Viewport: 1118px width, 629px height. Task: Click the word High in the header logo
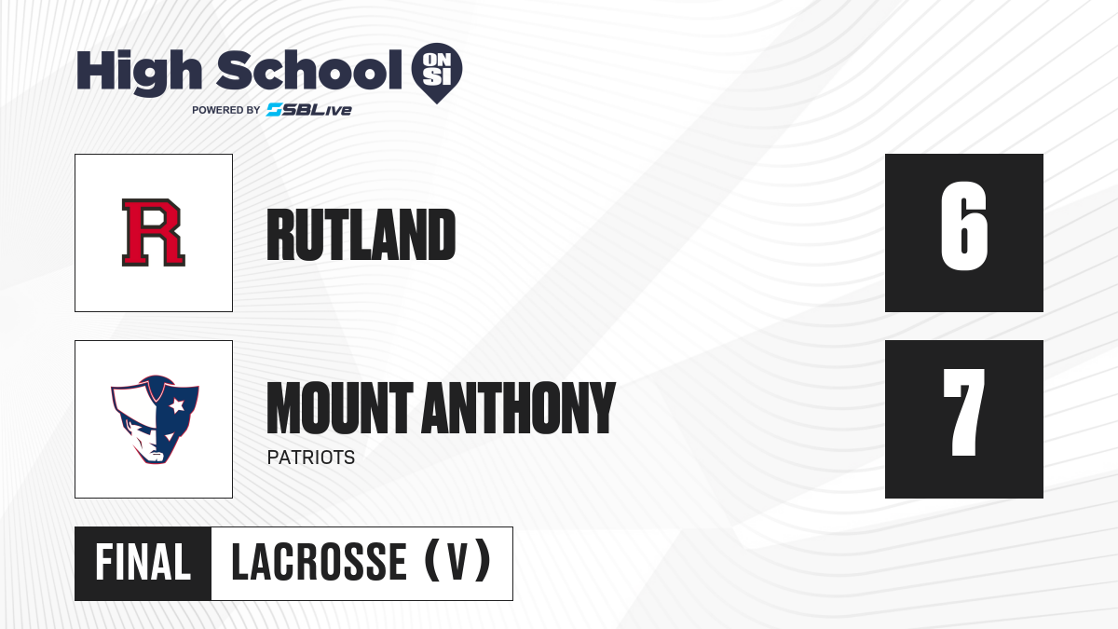[140, 73]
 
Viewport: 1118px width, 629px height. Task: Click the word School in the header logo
[309, 70]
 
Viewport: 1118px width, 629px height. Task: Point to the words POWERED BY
[226, 110]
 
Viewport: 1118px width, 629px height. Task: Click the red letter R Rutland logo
[153, 233]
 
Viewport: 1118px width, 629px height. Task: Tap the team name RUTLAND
[361, 235]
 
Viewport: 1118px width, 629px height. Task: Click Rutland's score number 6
[963, 226]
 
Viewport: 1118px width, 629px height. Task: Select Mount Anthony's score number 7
[963, 412]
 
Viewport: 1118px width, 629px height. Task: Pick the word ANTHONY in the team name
[519, 408]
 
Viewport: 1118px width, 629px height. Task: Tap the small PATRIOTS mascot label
[311, 458]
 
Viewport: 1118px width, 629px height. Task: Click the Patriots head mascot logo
[155, 419]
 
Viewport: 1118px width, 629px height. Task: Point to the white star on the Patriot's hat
[177, 405]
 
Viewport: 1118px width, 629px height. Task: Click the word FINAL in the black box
[143, 563]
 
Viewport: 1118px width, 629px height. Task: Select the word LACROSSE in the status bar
[320, 563]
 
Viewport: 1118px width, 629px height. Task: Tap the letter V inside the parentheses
[457, 563]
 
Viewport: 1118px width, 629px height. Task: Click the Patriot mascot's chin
[157, 458]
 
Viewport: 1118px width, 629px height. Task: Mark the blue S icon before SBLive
[274, 110]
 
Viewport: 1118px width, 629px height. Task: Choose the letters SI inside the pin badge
[437, 77]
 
